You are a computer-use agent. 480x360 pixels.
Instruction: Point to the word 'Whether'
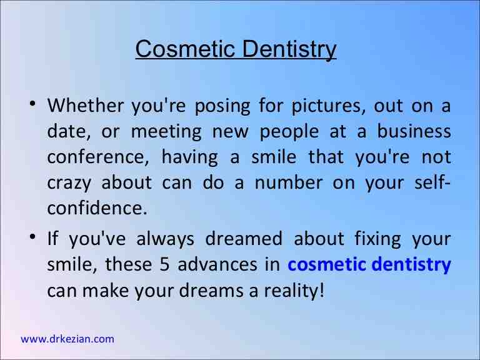tap(86, 106)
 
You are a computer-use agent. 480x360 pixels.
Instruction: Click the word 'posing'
tap(219, 106)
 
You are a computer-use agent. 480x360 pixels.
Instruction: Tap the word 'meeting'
tap(166, 132)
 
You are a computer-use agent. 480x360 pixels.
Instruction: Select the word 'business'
tap(412, 132)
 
